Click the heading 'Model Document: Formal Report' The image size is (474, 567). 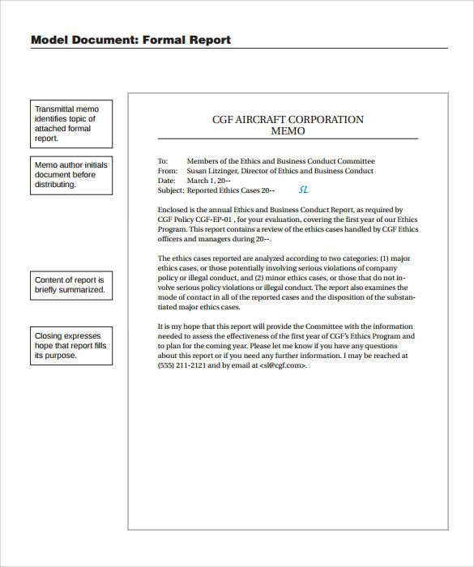[130, 40]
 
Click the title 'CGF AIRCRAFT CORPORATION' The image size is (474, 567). [288, 120]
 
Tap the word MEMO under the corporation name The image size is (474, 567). [288, 130]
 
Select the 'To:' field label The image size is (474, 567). [163, 161]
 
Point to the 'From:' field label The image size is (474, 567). [167, 171]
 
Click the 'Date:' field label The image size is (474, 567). [166, 181]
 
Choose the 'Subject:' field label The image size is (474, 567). [171, 191]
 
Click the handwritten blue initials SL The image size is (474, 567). [304, 190]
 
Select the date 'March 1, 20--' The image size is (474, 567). [209, 181]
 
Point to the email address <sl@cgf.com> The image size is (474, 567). [283, 365]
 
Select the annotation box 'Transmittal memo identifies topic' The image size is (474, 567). [72, 123]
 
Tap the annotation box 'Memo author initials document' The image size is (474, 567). [72, 175]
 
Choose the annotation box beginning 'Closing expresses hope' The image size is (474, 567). [72, 346]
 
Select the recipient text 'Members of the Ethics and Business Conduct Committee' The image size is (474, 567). [280, 161]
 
